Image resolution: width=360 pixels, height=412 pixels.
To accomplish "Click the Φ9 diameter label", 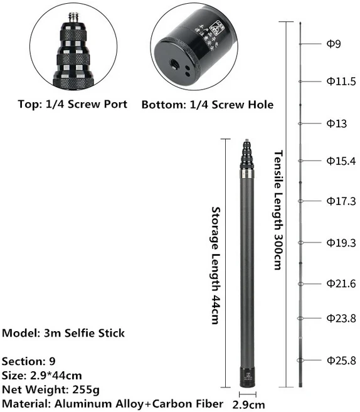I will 333,44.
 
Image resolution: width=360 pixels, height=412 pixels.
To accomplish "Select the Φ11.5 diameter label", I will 341,81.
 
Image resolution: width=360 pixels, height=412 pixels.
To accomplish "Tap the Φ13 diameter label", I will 336,124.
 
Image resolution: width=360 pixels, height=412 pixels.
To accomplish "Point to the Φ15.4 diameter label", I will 341,161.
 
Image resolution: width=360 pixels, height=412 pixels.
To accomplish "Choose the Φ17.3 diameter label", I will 341,201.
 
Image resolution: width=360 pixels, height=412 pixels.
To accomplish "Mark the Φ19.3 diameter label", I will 341,242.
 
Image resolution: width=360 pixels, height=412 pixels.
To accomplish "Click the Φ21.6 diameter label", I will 341,283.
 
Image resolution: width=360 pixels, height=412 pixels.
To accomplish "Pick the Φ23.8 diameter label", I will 341,318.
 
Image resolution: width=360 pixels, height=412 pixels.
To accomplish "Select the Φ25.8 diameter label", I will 341,360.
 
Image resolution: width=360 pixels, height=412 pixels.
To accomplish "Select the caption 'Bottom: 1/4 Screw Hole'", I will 207,104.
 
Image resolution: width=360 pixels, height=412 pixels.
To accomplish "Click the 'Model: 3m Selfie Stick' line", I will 63,333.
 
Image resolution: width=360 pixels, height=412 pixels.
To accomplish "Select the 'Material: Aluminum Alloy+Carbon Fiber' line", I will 112,403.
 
